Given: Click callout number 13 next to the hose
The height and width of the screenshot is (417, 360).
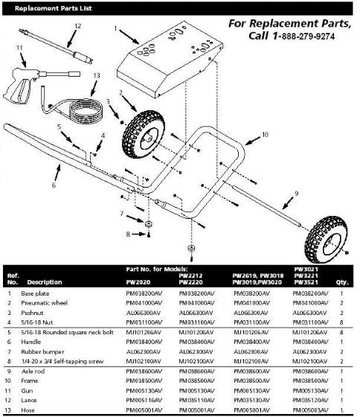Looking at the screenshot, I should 97,75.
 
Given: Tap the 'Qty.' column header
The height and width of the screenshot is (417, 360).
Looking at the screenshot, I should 343,283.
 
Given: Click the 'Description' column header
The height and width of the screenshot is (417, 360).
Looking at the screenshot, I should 45,283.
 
